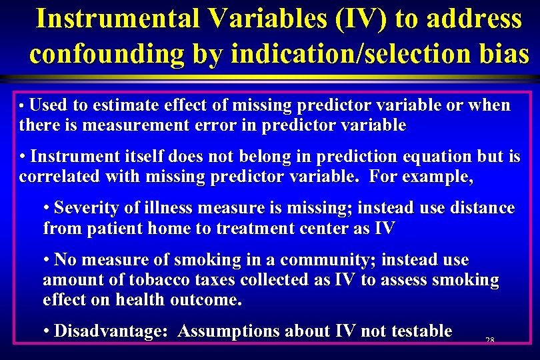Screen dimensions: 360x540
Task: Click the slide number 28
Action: tap(489, 341)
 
